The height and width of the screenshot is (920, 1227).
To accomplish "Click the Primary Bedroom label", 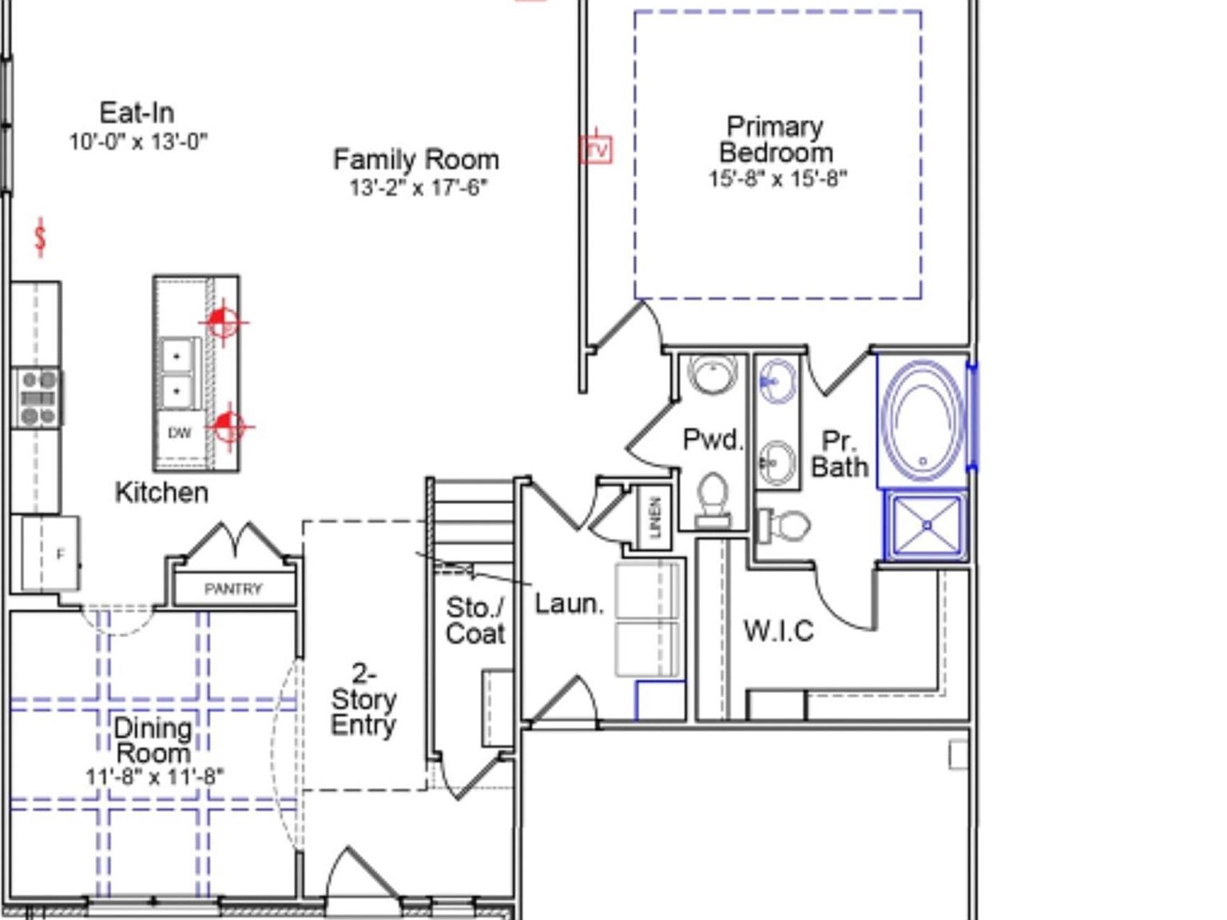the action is click(775, 139).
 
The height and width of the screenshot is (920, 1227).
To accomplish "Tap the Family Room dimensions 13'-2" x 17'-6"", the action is click(417, 188).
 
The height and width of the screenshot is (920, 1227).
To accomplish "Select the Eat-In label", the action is click(137, 113).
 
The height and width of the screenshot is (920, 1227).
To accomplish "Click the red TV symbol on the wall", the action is click(596, 149).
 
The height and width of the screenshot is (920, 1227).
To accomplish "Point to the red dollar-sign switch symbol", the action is click(41, 237).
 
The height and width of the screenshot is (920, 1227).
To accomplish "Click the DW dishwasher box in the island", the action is click(181, 433).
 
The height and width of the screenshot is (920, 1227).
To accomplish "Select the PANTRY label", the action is click(232, 589).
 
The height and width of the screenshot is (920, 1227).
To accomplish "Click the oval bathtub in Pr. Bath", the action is click(923, 420).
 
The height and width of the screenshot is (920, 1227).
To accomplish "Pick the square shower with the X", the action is click(927, 525).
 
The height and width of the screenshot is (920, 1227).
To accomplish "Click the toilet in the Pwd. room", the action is click(712, 498).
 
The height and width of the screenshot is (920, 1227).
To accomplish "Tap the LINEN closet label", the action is click(655, 517).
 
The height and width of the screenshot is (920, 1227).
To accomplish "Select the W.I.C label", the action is click(778, 632).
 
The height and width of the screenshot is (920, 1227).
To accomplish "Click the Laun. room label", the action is click(569, 604).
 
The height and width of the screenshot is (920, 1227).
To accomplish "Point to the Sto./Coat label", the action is click(475, 621).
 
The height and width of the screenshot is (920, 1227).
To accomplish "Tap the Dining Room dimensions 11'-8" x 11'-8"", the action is click(154, 776).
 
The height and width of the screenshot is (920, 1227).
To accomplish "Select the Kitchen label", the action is click(161, 493).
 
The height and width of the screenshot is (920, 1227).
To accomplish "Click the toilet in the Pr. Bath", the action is click(784, 525).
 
